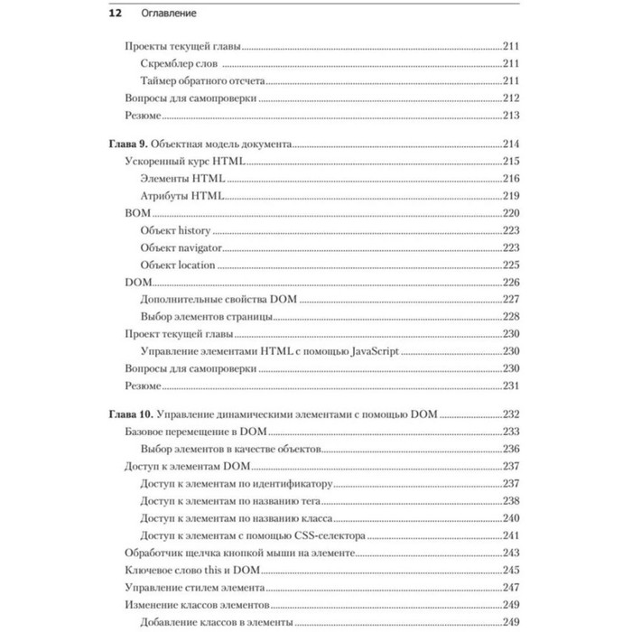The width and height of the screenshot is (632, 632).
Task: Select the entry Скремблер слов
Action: (181, 63)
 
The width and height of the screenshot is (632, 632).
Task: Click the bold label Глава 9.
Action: (125, 144)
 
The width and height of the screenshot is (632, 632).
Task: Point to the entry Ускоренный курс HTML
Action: (183, 161)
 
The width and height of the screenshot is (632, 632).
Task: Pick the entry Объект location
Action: (179, 265)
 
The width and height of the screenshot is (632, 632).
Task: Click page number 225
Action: (512, 265)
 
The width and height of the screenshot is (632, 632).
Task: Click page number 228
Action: (512, 316)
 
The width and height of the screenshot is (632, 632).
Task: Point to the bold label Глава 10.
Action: (128, 414)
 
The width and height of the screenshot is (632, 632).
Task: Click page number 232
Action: (512, 414)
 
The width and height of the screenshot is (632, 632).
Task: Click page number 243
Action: (512, 552)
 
